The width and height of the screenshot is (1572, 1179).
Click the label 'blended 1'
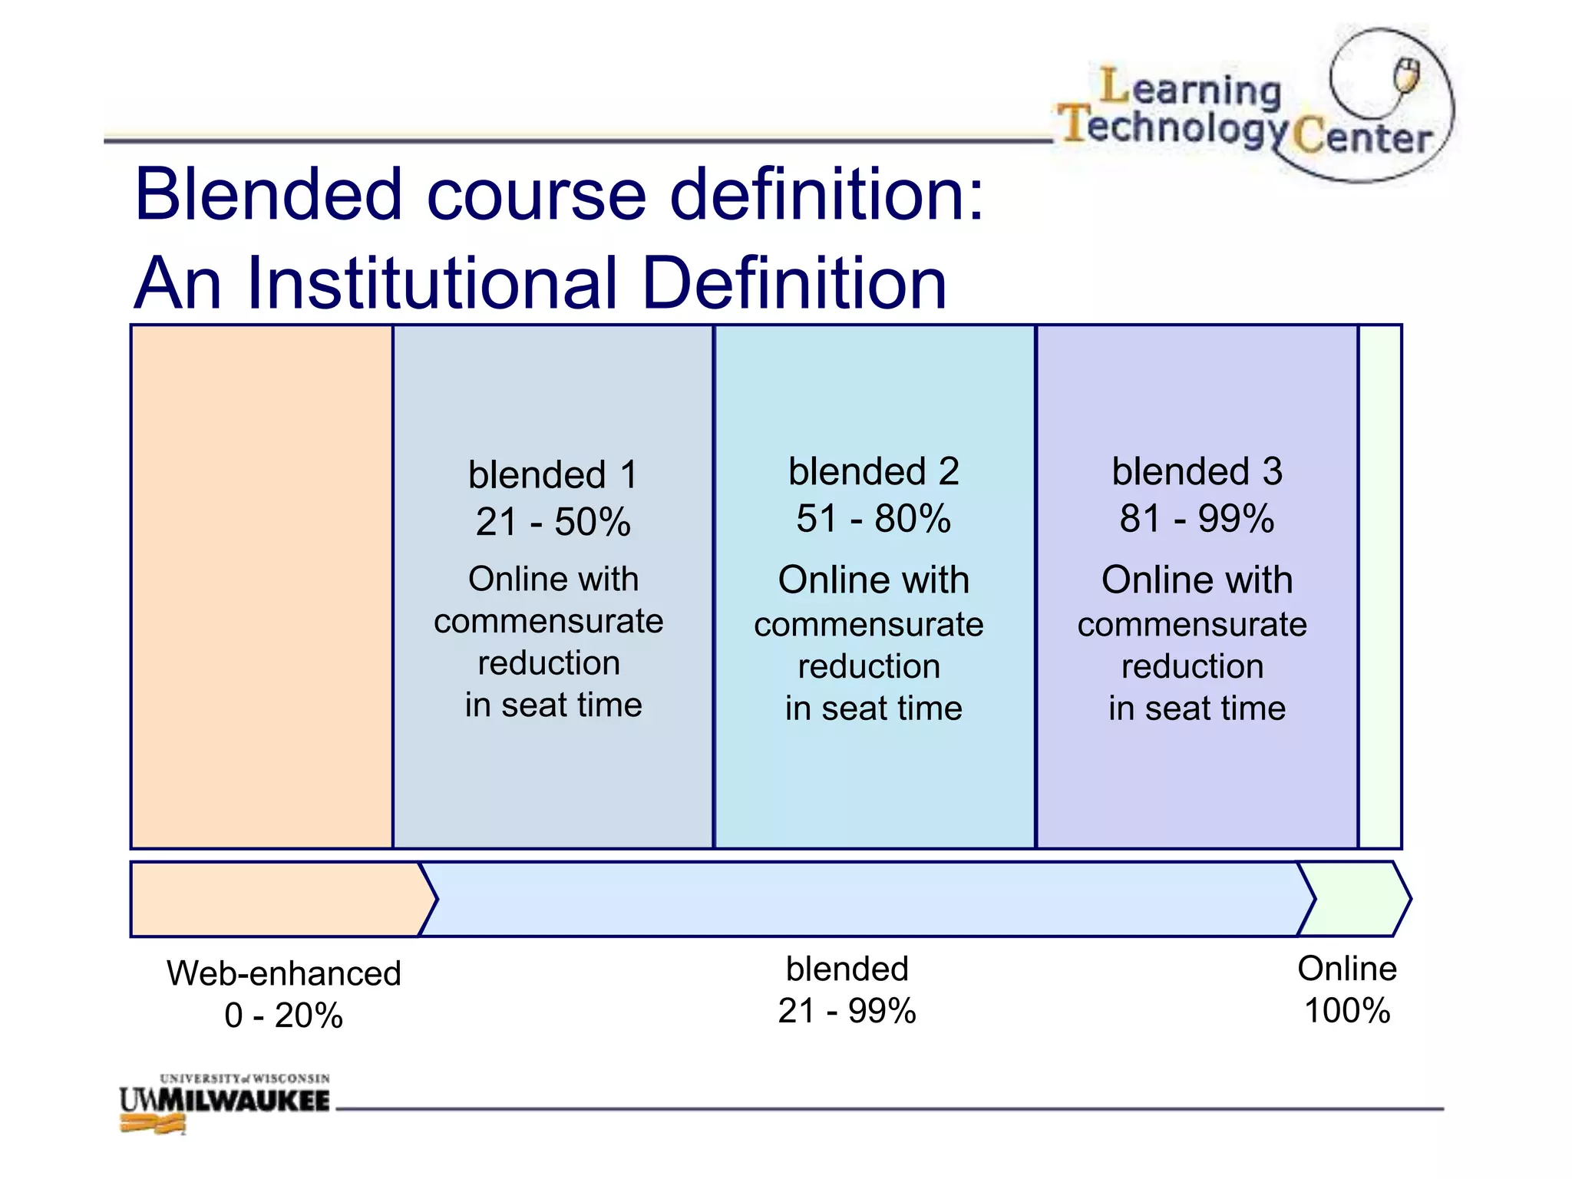click(x=553, y=475)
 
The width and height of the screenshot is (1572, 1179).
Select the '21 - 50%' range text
click(x=553, y=523)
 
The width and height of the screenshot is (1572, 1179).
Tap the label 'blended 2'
click(x=874, y=472)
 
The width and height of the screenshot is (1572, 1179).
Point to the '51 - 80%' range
click(x=874, y=519)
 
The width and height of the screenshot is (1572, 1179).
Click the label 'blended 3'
click(x=1197, y=472)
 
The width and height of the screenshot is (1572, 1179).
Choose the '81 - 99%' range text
click(x=1197, y=519)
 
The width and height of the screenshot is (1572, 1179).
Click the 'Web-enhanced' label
click(x=284, y=973)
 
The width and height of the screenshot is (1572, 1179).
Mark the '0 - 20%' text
click(x=284, y=1016)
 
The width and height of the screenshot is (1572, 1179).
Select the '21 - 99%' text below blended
click(x=847, y=1011)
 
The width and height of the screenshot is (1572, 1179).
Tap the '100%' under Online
click(x=1347, y=1011)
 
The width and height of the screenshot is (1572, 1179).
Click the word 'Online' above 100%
click(x=1347, y=969)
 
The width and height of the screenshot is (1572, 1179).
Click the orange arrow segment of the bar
click(x=276, y=899)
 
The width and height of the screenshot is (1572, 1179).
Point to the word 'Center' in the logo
click(x=1362, y=138)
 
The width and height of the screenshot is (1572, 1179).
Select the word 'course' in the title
click(x=536, y=194)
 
